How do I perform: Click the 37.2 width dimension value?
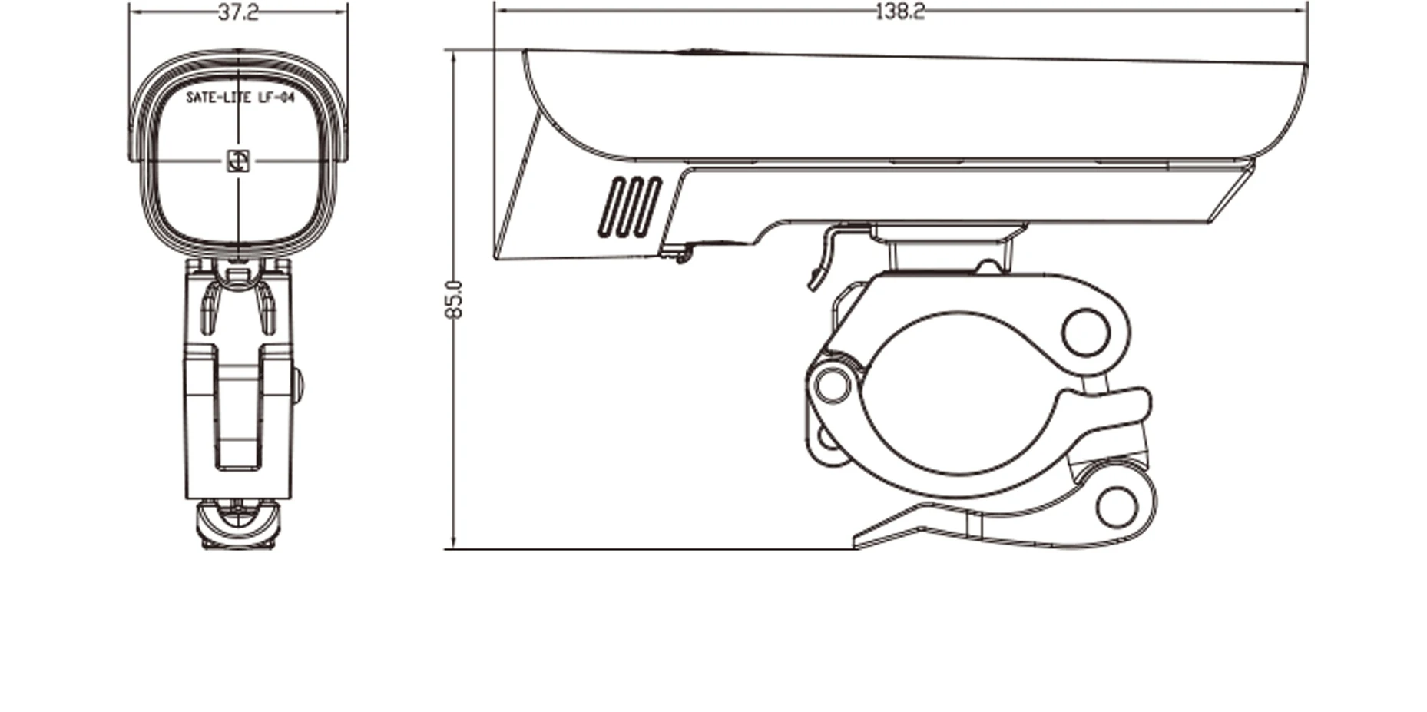[x=238, y=13]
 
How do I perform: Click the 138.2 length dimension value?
[x=899, y=12]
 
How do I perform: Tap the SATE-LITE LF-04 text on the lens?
[x=240, y=98]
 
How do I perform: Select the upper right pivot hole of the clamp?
[x=1085, y=331]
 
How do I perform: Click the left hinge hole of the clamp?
[x=832, y=383]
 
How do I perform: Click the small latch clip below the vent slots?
[x=677, y=252]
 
